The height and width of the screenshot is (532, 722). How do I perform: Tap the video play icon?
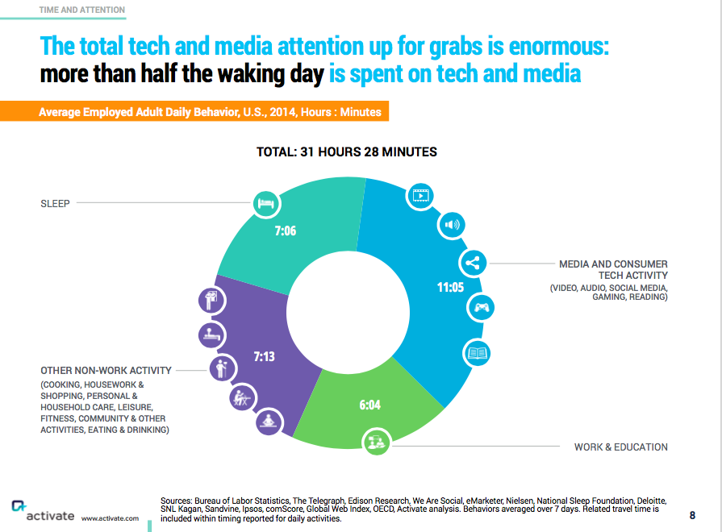419,194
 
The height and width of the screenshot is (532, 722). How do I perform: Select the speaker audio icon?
450,224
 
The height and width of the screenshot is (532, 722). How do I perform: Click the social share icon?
473,263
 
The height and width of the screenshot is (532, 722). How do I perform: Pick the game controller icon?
482,307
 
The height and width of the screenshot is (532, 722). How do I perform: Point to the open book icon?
477,353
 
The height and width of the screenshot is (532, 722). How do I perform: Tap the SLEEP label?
55,204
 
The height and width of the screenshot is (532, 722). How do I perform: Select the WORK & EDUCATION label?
620,447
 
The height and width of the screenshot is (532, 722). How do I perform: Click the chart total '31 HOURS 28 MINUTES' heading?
347,152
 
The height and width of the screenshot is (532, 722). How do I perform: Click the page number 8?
692,515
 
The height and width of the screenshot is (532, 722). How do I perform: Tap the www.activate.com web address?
110,518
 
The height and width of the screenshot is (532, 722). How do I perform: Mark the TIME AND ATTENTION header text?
82,10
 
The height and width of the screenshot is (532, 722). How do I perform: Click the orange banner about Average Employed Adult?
211,112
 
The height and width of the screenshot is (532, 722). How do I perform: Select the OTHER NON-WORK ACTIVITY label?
106,371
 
